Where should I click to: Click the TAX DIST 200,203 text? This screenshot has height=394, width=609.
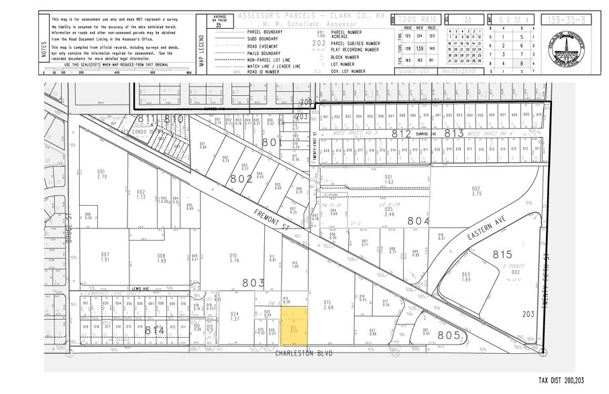(x=561, y=380)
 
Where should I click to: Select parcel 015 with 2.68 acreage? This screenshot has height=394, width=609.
(x=328, y=306)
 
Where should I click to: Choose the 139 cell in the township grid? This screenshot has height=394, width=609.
(x=419, y=49)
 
